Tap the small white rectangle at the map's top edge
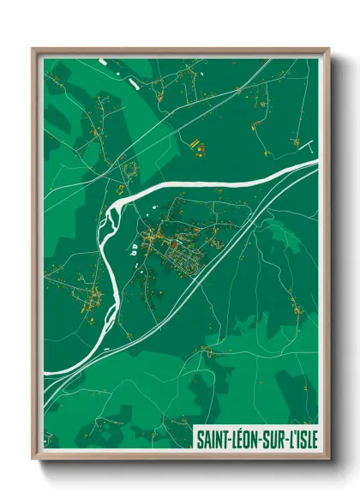[101, 61]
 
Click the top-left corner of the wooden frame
[33, 49]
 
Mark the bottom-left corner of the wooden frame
[33, 459]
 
